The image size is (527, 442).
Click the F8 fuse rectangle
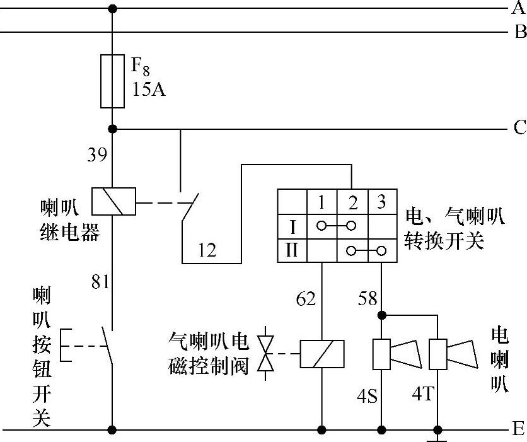pyautogui.click(x=113, y=80)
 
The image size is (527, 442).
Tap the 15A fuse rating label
pyautogui.click(x=149, y=90)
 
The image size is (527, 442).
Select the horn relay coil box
pyautogui.click(x=112, y=202)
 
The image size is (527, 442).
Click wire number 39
pyautogui.click(x=97, y=155)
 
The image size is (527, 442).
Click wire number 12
pyautogui.click(x=206, y=250)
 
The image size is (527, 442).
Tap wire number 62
pyautogui.click(x=306, y=299)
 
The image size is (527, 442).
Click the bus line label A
pyautogui.click(x=519, y=8)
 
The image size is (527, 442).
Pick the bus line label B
pyautogui.click(x=520, y=32)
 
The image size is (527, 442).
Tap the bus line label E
pyautogui.click(x=519, y=430)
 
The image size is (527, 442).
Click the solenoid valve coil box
pyautogui.click(x=322, y=354)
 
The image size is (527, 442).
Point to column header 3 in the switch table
pyautogui.click(x=381, y=203)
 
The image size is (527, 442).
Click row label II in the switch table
pyautogui.click(x=292, y=250)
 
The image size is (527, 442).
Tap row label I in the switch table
pyautogui.click(x=292, y=225)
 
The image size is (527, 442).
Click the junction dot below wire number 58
pyautogui.click(x=381, y=314)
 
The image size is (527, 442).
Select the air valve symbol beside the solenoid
pyautogui.click(x=268, y=354)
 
